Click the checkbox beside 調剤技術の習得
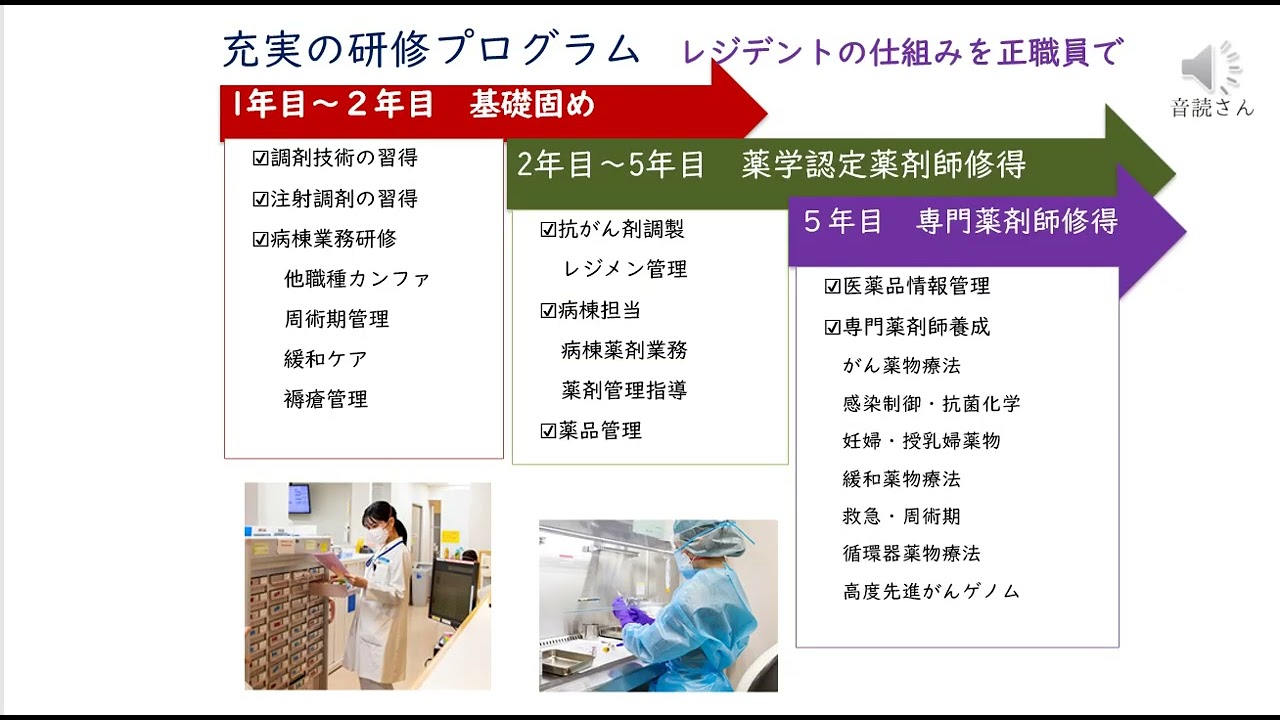tap(261, 158)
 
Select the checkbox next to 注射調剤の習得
tap(261, 199)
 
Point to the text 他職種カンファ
tap(357, 279)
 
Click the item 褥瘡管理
tap(326, 399)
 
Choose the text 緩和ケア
tap(326, 359)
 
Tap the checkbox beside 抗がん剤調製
tap(548, 229)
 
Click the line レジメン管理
tap(625, 269)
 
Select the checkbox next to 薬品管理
tap(548, 431)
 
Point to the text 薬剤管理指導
tap(624, 390)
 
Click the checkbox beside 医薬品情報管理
tap(832, 286)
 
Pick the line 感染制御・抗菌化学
tap(931, 404)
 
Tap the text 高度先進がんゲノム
tap(931, 591)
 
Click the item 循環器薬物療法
tap(911, 553)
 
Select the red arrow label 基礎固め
tap(532, 105)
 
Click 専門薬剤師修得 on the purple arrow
tap(1016, 221)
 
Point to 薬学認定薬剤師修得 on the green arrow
tap(883, 165)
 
